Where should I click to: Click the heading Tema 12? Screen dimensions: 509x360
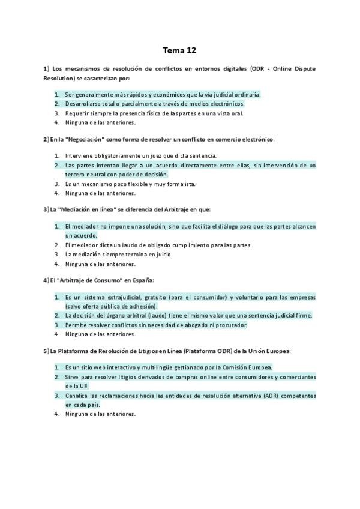[179, 50]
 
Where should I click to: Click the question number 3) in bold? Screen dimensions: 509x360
[46, 209]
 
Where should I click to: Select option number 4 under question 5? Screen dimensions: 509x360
[56, 414]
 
